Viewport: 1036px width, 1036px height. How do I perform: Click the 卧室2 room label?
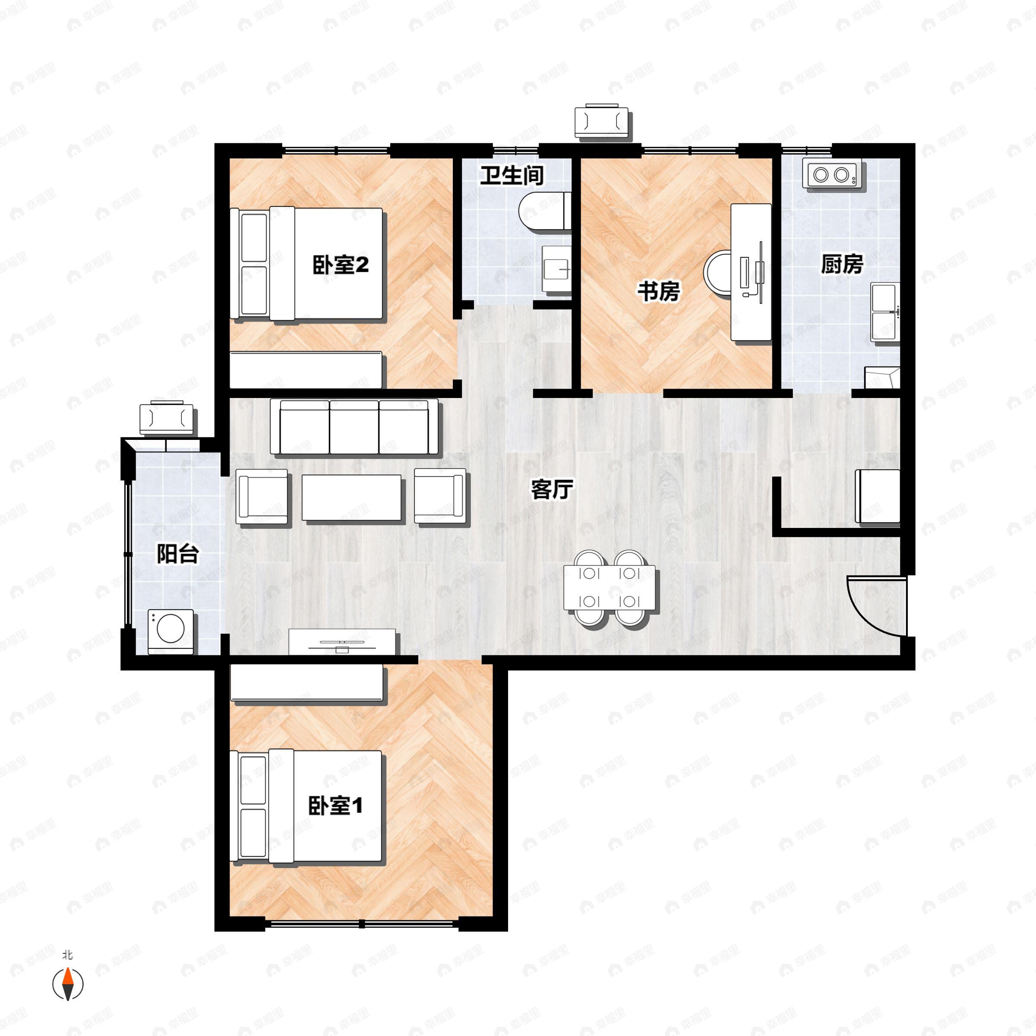point(341,265)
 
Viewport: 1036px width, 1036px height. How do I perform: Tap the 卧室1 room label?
point(336,805)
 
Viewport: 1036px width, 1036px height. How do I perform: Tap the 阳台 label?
point(177,553)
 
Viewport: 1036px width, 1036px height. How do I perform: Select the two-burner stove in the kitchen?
point(832,173)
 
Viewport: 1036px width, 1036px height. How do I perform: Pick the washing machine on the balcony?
point(171,631)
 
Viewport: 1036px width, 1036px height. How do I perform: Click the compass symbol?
point(68,984)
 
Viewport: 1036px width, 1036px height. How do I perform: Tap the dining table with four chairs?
point(609,587)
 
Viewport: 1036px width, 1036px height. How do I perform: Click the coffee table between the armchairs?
point(351,497)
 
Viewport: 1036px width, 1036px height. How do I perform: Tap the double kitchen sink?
point(885,312)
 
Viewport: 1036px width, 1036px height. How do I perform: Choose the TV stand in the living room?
point(343,642)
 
